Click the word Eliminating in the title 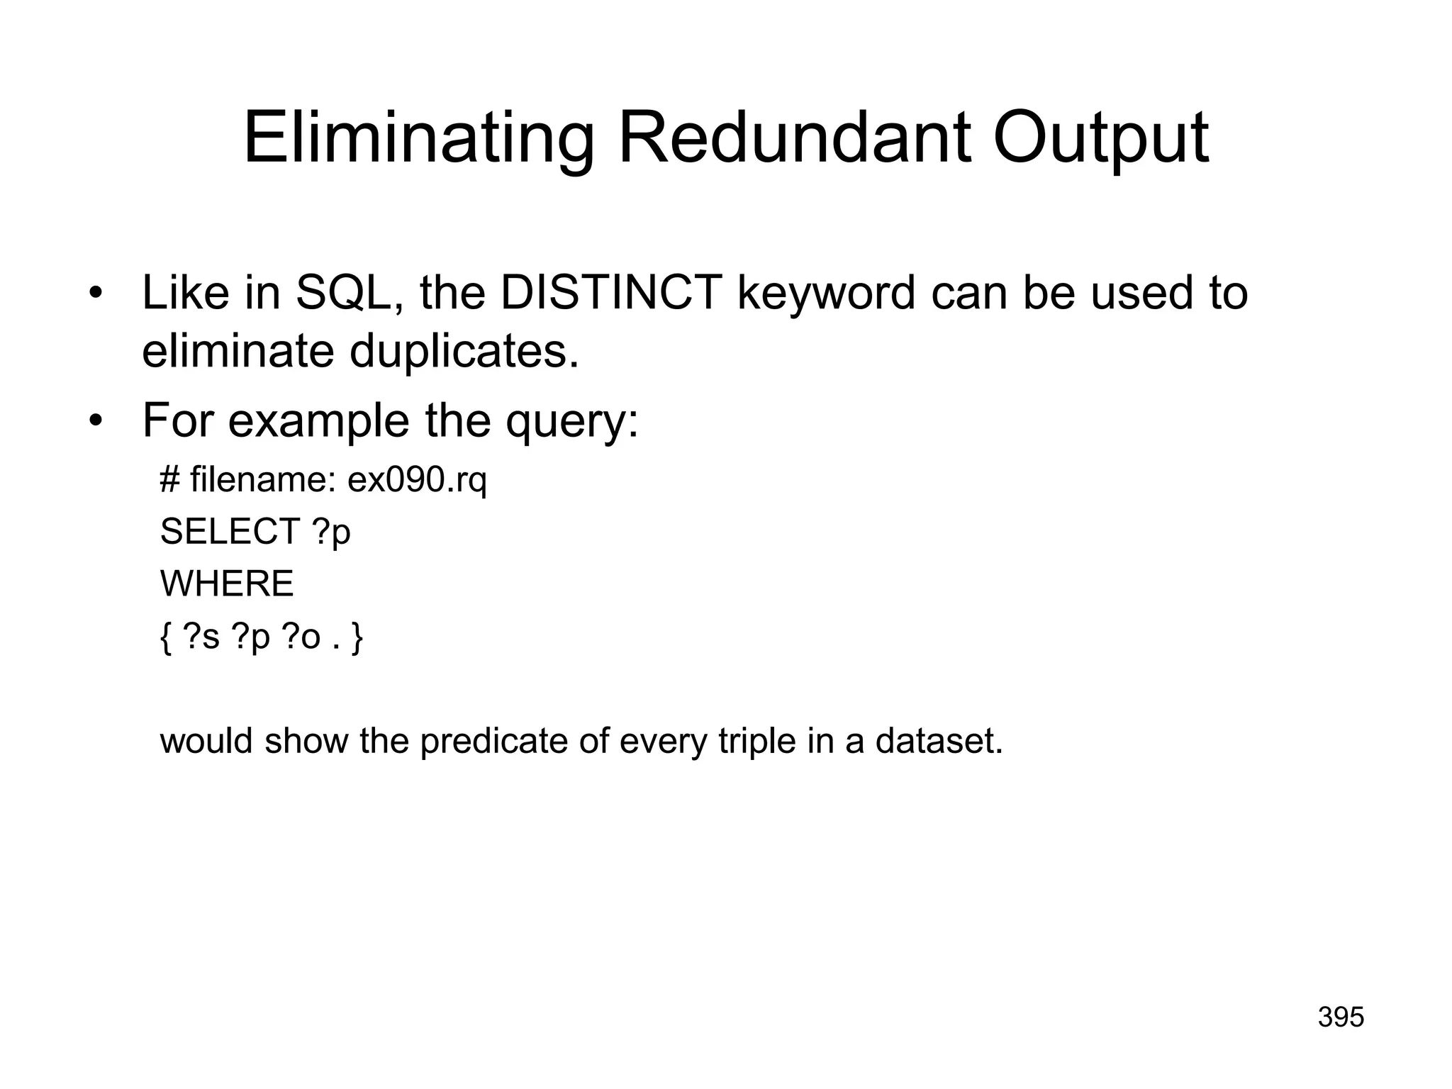418,139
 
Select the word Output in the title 1100,140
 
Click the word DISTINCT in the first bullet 611,292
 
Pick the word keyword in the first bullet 826,294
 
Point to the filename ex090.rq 417,481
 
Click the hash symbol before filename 169,480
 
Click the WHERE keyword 227,584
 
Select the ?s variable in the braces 201,637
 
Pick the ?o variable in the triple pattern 301,637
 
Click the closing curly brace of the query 357,637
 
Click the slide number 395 1341,1017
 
